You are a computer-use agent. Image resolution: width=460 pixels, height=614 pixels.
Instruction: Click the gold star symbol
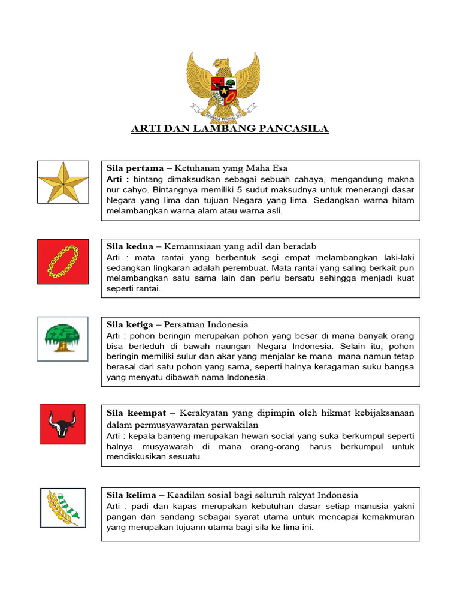(x=63, y=182)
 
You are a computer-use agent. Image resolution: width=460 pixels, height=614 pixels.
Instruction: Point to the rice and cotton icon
(x=63, y=508)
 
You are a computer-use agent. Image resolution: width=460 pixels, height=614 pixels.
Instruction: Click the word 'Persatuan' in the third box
(x=192, y=324)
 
